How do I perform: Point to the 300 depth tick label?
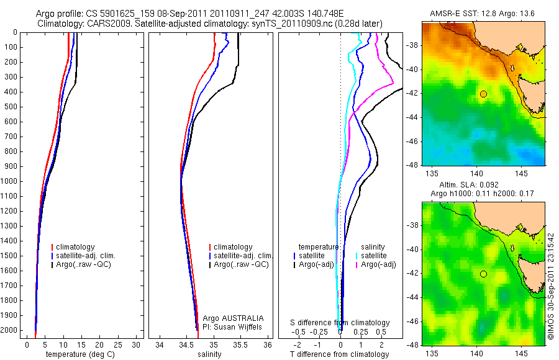[x=10, y=77]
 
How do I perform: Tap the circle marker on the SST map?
[x=483, y=94]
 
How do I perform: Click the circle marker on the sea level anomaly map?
[x=483, y=274]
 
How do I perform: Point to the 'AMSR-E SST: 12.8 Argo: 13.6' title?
[x=483, y=14]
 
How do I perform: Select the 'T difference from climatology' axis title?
[x=340, y=354]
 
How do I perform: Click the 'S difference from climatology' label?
[x=340, y=323]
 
